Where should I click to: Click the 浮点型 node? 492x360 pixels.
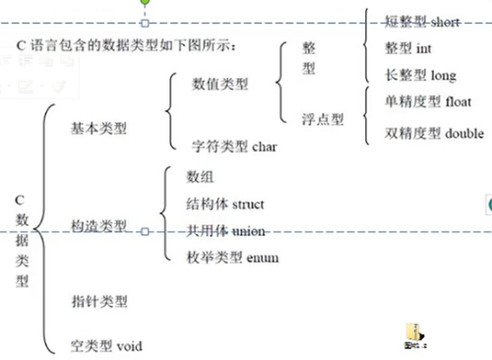click(323, 118)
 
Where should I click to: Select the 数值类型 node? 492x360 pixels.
click(219, 84)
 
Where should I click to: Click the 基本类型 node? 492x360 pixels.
click(99, 128)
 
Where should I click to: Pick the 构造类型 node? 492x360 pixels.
click(99, 226)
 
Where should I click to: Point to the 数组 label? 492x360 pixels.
click(200, 176)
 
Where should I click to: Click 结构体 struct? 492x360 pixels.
click(225, 204)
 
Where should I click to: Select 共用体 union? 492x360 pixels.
click(225, 230)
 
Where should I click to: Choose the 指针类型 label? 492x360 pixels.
click(99, 301)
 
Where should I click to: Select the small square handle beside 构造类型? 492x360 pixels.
click(145, 232)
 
